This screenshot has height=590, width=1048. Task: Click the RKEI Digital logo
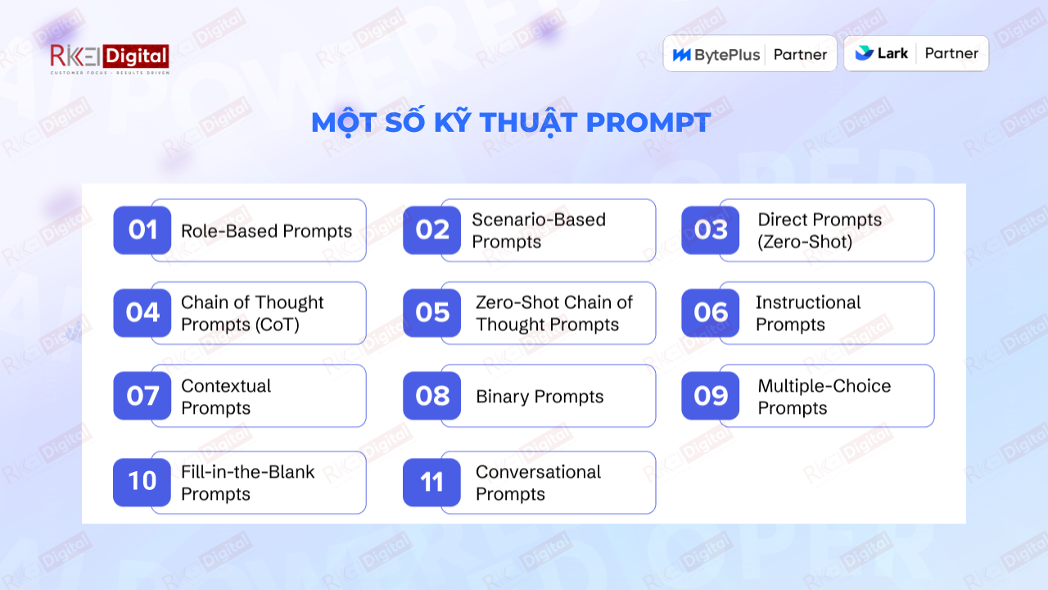pos(110,59)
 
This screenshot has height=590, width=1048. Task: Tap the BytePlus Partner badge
pos(749,54)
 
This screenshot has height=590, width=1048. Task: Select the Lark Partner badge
pos(915,53)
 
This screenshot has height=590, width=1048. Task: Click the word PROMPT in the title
pos(648,123)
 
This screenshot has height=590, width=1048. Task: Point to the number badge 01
pos(142,230)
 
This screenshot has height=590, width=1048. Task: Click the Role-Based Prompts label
pos(266,231)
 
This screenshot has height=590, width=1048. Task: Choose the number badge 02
pos(431,230)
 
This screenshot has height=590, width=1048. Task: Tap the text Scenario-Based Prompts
pos(539,230)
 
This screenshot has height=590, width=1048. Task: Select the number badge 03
pos(710,230)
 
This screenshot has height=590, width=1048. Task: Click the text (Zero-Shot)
pos(805,242)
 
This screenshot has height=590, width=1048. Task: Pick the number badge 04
pos(142,313)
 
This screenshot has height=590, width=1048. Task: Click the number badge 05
pos(431,313)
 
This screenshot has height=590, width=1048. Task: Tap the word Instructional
pos(808,302)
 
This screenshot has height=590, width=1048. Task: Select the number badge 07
pos(142,396)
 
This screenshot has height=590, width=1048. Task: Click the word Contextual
pos(226,386)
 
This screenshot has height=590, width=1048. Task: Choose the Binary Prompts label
pos(540,397)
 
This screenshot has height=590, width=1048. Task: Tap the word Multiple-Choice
pos(824,386)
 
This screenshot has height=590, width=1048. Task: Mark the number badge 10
pos(142,482)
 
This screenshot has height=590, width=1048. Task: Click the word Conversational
pos(538,472)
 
